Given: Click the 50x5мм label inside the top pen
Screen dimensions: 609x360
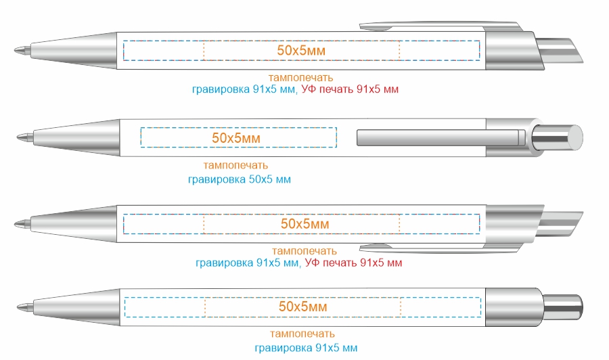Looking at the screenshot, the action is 301,51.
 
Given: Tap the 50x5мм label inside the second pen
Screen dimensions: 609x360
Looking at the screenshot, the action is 236,138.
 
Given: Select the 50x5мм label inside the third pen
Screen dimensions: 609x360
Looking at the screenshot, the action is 305,224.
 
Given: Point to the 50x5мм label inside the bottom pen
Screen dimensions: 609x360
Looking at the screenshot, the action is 303,307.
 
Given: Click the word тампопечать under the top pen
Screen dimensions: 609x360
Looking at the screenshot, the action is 300,78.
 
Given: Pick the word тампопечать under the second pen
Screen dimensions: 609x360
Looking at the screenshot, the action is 235,165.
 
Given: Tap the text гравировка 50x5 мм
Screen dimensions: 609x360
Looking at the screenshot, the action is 240,179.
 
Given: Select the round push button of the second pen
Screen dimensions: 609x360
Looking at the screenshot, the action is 558,137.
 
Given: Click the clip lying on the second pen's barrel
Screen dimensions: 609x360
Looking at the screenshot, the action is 441,138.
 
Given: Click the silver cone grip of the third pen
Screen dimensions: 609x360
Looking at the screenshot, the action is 74,224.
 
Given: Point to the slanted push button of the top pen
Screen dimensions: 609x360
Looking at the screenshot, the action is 560,50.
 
